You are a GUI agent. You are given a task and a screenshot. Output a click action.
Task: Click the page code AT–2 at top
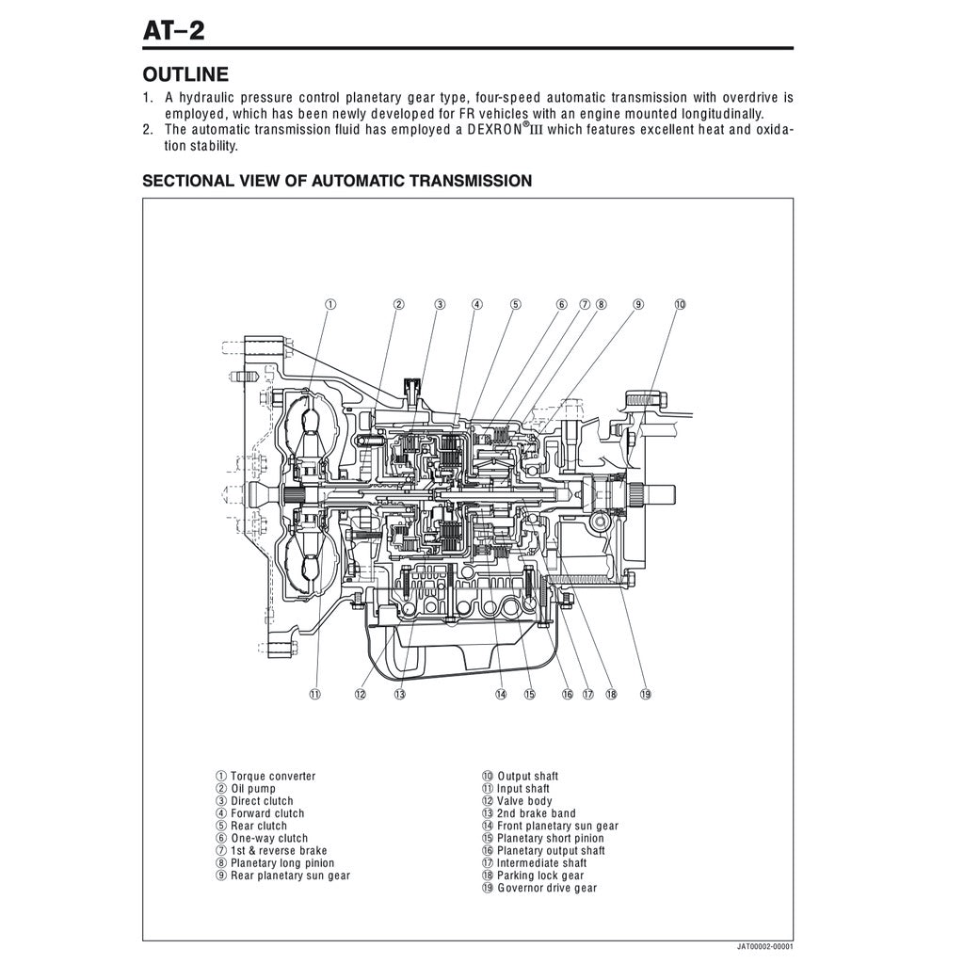coord(173,30)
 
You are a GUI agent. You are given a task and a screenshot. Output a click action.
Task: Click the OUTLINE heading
coord(185,74)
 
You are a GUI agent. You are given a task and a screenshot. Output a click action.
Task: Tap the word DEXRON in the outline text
coord(502,130)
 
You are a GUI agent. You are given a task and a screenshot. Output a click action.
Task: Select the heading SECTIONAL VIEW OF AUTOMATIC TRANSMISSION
coord(336,181)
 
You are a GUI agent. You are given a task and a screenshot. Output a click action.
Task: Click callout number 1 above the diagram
coord(330,304)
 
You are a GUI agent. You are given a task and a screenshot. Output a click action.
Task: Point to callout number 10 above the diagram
coord(680,304)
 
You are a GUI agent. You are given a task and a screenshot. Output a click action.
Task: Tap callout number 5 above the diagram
coord(516,304)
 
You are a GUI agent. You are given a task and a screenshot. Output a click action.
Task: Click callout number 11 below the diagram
coord(314,694)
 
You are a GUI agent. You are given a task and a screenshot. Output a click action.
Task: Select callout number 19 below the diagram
coord(645,694)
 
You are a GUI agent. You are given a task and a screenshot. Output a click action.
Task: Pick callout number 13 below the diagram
coord(399,694)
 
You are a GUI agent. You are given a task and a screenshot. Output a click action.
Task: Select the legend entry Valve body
coord(524,801)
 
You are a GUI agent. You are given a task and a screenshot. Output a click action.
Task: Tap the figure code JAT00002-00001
coord(764,946)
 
